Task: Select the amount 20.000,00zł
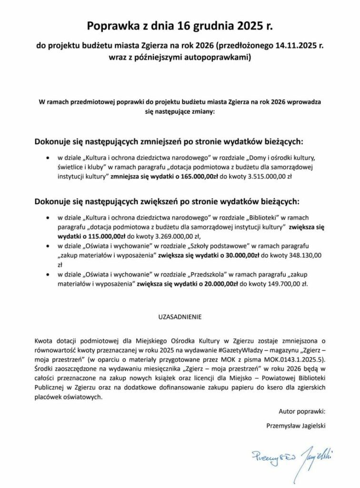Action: click(214, 284)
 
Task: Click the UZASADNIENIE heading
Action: click(180, 315)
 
